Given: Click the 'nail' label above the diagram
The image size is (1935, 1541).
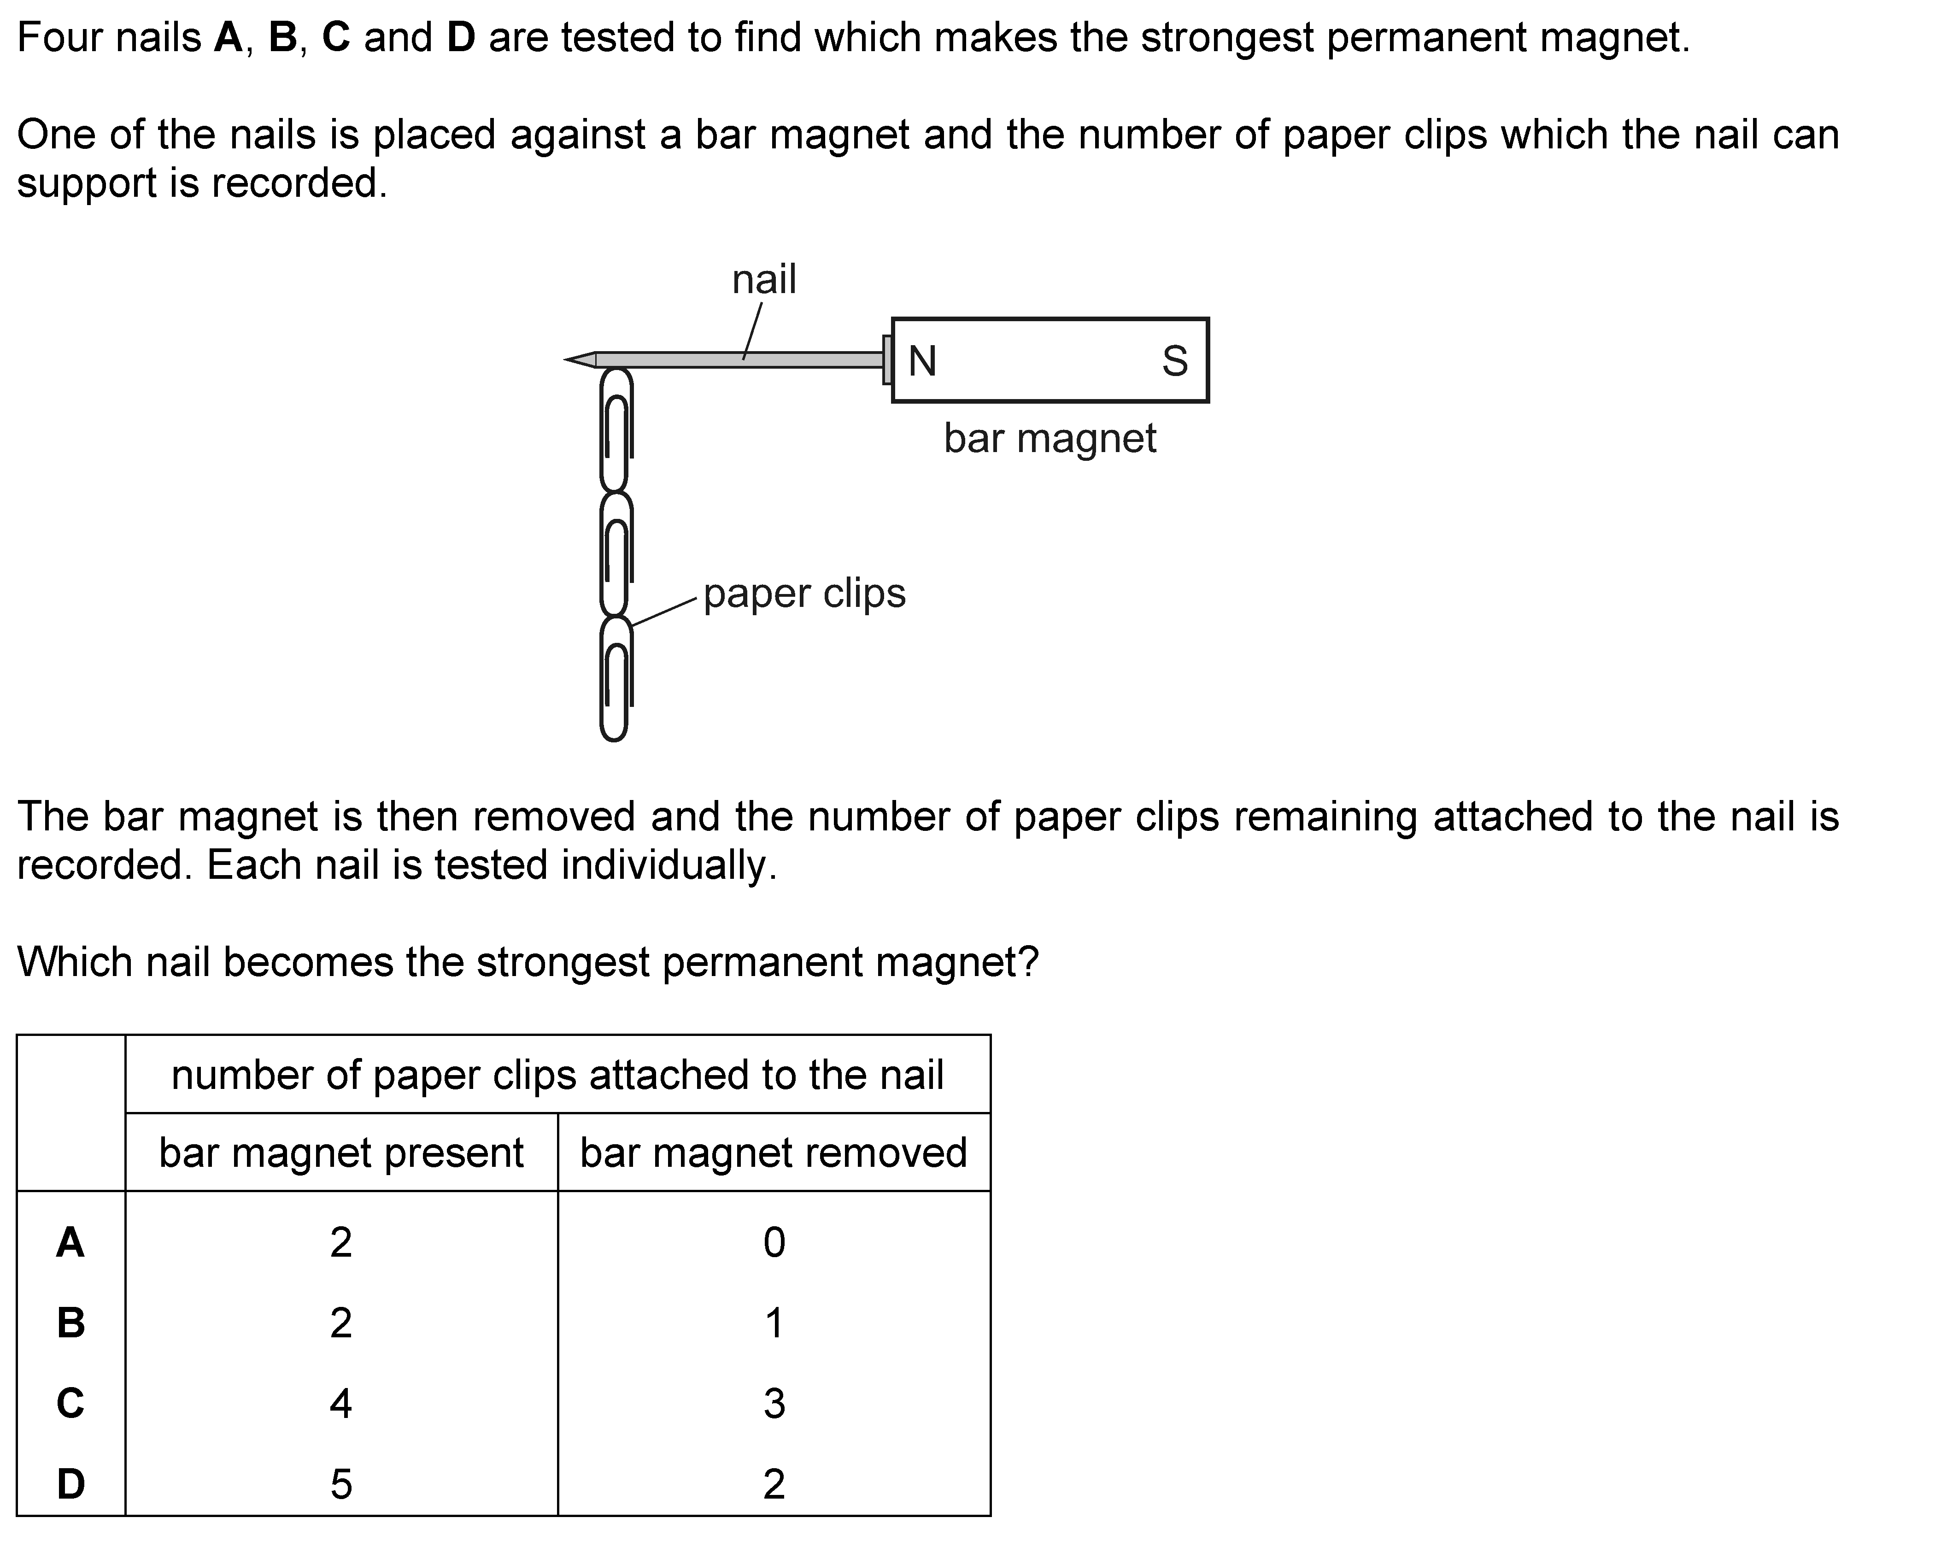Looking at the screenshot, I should [764, 279].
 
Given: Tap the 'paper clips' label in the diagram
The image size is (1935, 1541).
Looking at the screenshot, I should [804, 593].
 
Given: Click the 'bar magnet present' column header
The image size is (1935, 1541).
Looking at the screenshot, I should [341, 1153].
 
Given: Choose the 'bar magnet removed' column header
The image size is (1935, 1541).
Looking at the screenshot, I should [774, 1153].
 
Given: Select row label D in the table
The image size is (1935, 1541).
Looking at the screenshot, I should [71, 1483].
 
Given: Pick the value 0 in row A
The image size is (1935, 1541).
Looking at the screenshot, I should [774, 1242].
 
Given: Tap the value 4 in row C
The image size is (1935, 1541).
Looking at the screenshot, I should [341, 1403].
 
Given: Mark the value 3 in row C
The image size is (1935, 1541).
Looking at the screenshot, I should [774, 1403].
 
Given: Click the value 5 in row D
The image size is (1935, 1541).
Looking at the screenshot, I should [341, 1483].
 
